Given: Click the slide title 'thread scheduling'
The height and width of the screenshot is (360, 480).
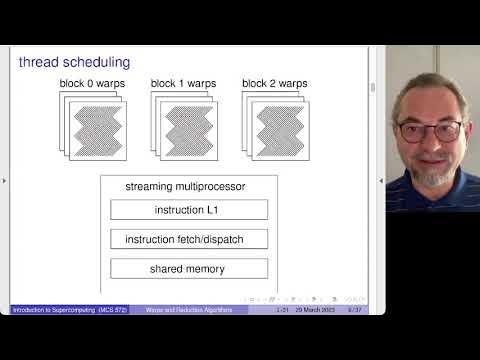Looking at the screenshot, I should coord(74,62).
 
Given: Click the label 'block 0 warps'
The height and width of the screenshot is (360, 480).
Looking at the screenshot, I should coord(93,83).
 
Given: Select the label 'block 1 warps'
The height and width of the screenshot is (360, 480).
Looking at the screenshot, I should coord(184,83).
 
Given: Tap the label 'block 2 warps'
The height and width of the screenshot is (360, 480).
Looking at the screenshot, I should coord(275,83).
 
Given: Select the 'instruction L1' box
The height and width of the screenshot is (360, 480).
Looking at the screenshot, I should coord(189,210).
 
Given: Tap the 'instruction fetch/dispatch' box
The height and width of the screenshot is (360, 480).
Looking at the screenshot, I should coord(189,240).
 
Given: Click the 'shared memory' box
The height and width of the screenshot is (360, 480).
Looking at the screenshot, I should coord(189,269).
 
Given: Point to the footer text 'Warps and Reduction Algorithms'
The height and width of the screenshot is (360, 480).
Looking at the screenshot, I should coord(197,310).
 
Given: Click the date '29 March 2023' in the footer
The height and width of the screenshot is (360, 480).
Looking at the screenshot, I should coord(314,310).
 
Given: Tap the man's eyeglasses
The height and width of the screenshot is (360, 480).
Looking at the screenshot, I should coord(429,129).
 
